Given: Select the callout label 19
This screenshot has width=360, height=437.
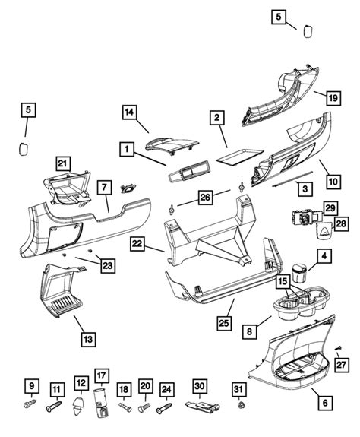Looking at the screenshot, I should [331, 97].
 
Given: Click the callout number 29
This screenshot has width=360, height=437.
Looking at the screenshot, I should [330, 207].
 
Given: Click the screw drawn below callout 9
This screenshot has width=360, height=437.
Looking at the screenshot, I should [33, 408].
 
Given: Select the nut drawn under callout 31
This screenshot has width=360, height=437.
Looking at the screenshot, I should [240, 414].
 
